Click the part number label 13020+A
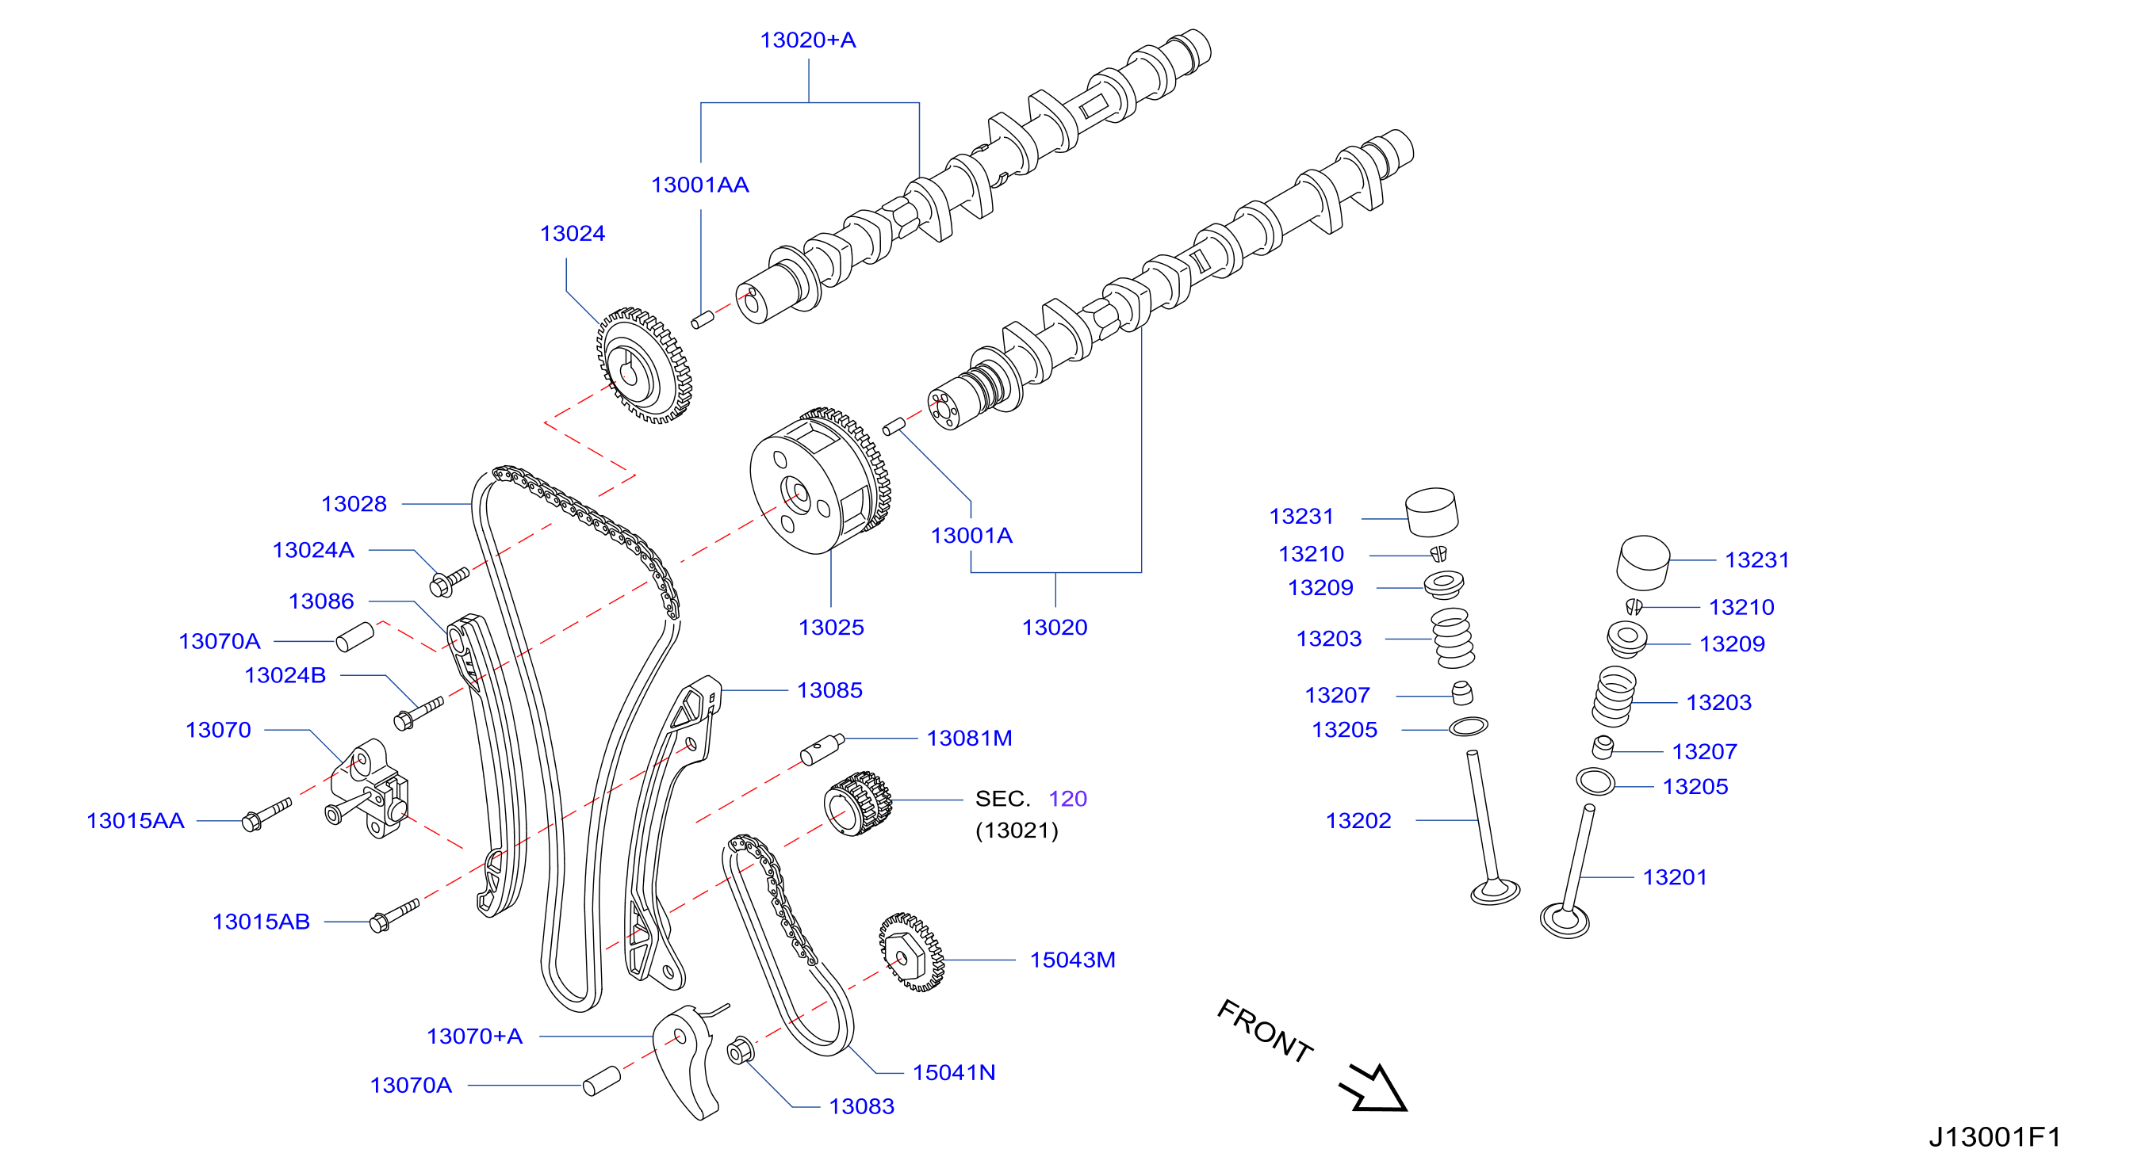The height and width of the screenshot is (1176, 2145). (x=808, y=40)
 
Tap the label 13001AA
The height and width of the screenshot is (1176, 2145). (x=699, y=185)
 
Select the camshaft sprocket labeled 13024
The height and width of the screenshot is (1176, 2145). (x=644, y=365)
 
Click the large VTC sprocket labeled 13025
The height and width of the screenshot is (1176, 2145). (x=820, y=481)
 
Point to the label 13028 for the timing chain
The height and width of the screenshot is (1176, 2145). (x=354, y=503)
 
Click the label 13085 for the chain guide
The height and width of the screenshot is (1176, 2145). (x=829, y=690)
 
